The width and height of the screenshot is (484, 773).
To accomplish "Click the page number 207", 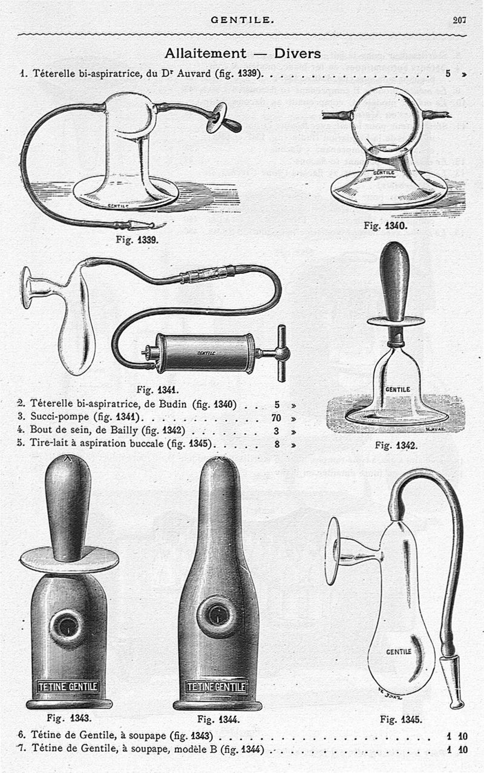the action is pyautogui.click(x=459, y=20).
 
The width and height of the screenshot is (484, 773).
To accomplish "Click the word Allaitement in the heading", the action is pyautogui.click(x=206, y=53).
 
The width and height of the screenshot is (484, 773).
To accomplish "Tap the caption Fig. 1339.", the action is pyautogui.click(x=137, y=240).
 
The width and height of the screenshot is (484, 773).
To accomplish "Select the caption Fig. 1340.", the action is pyautogui.click(x=385, y=226).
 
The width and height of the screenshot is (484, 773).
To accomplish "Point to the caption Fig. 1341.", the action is pyautogui.click(x=158, y=390).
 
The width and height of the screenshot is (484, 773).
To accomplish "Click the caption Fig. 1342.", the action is pyautogui.click(x=396, y=445).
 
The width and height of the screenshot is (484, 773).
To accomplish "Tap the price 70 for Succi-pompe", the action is pyautogui.click(x=276, y=418).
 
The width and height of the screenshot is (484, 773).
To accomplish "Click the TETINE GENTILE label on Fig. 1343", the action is pyautogui.click(x=68, y=687).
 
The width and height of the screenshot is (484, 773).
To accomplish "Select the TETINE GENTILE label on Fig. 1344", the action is pyautogui.click(x=216, y=687).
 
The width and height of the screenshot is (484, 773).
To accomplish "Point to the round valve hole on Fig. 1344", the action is pyautogui.click(x=217, y=616).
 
